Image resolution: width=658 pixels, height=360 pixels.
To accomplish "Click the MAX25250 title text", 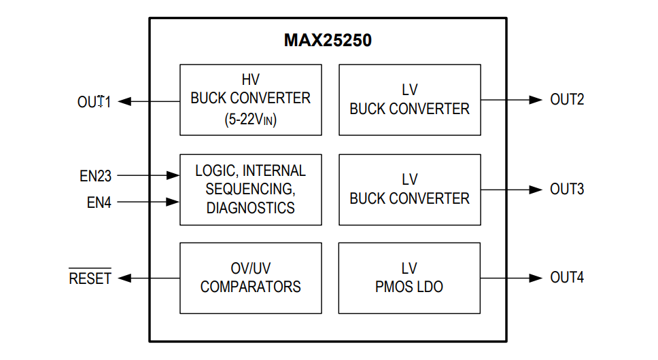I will point(328,41).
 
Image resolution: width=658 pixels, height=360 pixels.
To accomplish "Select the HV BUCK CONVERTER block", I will point(250,99).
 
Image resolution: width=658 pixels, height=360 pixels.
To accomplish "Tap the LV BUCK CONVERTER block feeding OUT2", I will point(409,99).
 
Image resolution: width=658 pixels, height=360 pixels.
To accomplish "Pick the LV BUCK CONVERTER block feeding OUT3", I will point(409,189).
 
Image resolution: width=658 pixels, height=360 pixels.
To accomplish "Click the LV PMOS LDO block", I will point(409,278).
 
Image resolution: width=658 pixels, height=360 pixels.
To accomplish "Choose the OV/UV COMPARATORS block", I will point(250,278).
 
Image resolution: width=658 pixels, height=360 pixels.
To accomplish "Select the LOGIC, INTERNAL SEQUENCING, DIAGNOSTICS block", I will point(250,189).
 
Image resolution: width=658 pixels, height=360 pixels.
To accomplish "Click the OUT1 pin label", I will point(94,102).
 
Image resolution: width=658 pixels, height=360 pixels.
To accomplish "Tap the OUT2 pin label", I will point(567,100).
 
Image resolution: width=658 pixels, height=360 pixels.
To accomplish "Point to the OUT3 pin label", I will point(567,189).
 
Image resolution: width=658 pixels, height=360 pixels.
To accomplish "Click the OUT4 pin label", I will point(567,278).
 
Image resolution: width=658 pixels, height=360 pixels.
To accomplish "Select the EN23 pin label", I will point(95,176).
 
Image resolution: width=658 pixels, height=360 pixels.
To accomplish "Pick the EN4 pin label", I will point(99,202).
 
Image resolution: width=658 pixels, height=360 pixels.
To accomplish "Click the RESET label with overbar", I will point(90,278).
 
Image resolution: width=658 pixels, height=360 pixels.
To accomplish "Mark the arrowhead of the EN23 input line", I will point(173,176).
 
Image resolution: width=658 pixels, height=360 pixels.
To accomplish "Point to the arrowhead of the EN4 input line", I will point(173,202).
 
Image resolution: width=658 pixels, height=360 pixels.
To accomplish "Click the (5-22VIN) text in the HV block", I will point(250,120).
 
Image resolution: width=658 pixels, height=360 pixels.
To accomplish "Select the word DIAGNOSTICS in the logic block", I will point(250,208).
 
